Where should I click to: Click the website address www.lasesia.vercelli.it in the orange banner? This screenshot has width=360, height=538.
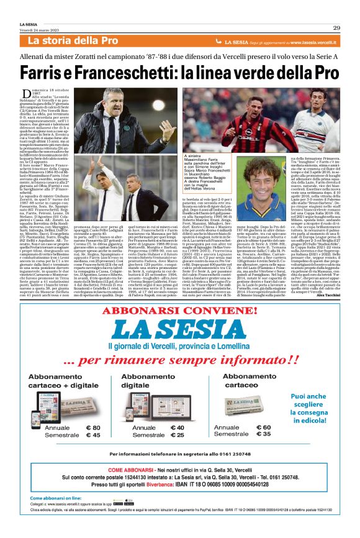coord(304,42)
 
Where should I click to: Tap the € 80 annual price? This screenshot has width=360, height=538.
coord(92,428)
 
